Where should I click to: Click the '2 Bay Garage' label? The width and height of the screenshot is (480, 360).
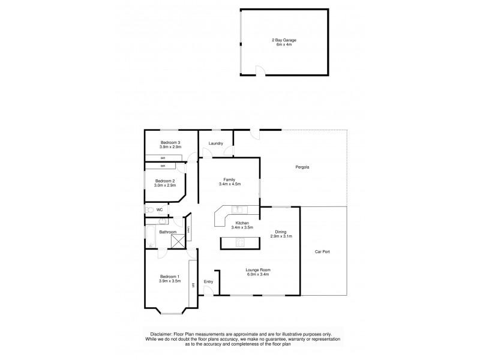tap(284, 40)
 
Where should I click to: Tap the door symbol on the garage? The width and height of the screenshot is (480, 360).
tap(259, 71)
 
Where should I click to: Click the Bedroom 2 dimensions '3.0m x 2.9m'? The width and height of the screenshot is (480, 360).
tap(165, 185)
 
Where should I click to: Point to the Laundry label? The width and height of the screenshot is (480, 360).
tap(215, 143)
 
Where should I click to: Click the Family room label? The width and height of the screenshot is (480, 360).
tap(229, 179)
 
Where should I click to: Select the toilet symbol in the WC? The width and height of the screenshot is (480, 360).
tap(149, 210)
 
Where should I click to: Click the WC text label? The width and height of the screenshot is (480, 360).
tap(160, 210)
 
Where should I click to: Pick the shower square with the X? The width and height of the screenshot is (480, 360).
tap(178, 241)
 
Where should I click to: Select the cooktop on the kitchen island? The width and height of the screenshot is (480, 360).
tap(241, 242)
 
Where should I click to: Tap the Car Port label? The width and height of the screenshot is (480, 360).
tap(322, 251)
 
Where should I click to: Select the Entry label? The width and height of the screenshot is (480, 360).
tap(208, 281)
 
